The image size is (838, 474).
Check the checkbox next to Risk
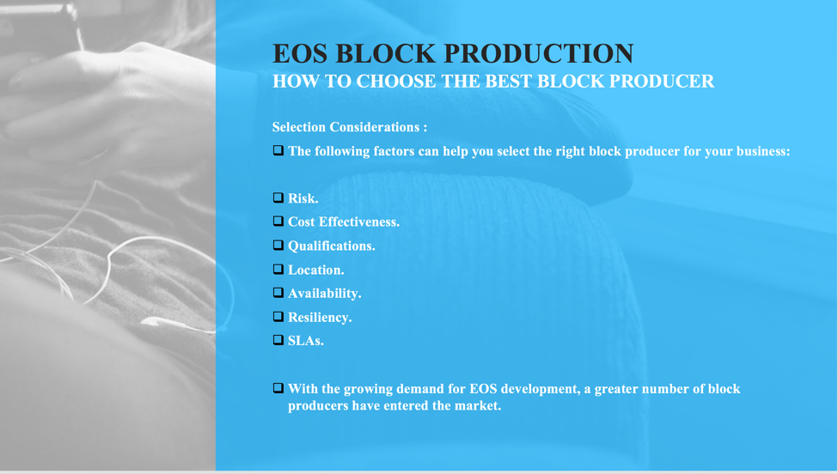pos(278,197)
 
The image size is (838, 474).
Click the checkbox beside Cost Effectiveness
pos(278,221)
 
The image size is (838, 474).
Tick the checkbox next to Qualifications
pos(278,245)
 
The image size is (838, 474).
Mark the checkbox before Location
pos(278,269)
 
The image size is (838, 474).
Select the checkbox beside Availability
pos(278,293)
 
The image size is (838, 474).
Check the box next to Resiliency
pos(278,317)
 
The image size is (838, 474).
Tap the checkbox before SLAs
pos(278,340)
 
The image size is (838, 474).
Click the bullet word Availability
pos(324,294)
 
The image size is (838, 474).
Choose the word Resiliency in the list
pos(320,318)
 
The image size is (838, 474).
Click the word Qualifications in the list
pos(332,246)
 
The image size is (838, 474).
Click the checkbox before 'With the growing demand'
pos(278,388)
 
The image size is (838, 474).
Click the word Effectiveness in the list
pos(359,222)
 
